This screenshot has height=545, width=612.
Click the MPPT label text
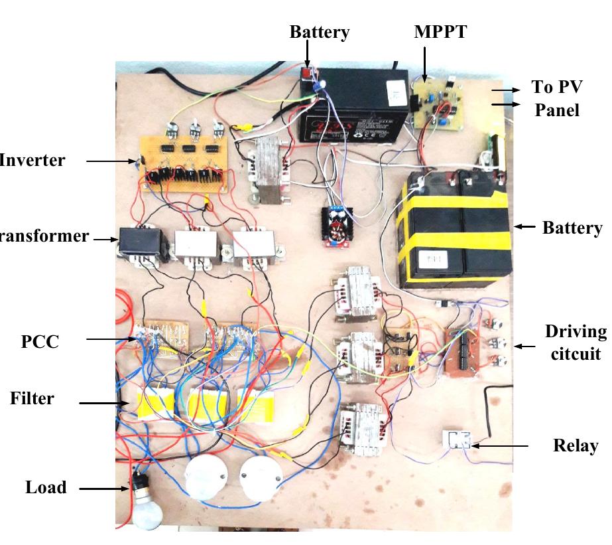pos(440,32)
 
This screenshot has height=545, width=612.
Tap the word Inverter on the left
pos(32,160)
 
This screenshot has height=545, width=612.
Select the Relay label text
pos(575,445)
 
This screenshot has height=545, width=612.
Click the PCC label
pos(39,342)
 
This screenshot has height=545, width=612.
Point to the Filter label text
pos(32,398)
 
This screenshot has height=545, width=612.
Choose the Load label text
pos(46,487)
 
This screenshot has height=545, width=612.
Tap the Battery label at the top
pos(319,32)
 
